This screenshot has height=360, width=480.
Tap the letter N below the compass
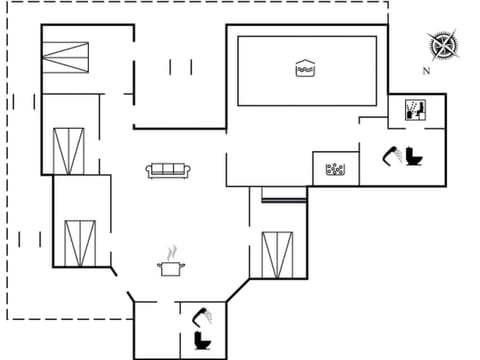(426, 71)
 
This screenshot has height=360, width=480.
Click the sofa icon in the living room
(169, 170)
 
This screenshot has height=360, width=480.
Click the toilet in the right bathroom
(412, 157)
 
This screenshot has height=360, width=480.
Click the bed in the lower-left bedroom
(78, 242)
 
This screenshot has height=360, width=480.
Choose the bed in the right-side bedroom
(277, 253)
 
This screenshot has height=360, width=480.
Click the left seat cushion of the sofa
(160, 171)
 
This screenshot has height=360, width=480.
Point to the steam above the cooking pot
(172, 251)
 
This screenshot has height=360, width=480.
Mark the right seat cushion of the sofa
(178, 171)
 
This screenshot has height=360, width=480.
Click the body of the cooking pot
(171, 268)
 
